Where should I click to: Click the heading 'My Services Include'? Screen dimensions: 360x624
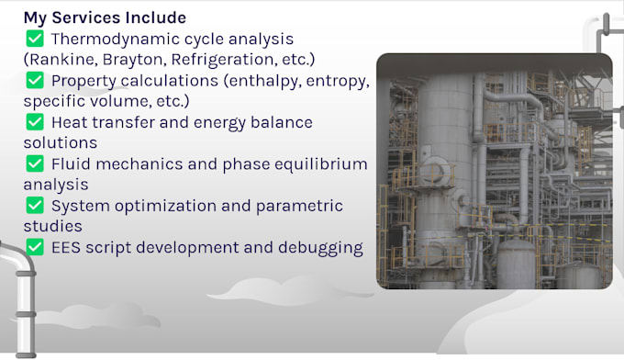click(x=105, y=17)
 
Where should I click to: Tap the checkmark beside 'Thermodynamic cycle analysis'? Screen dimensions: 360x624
click(x=35, y=39)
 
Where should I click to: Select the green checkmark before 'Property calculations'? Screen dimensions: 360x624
click(x=35, y=80)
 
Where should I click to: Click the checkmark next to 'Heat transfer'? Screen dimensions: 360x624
click(x=35, y=122)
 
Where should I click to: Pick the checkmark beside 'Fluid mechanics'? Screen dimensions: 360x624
click(x=35, y=163)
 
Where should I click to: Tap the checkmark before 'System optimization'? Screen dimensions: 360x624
click(x=35, y=206)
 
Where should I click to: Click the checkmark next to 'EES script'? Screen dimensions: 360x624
click(x=35, y=247)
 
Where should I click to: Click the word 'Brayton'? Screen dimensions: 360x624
click(x=134, y=60)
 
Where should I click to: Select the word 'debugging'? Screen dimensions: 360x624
click(x=317, y=247)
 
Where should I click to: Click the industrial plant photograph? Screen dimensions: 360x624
click(x=494, y=171)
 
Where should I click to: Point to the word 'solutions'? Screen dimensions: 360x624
click(x=60, y=142)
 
